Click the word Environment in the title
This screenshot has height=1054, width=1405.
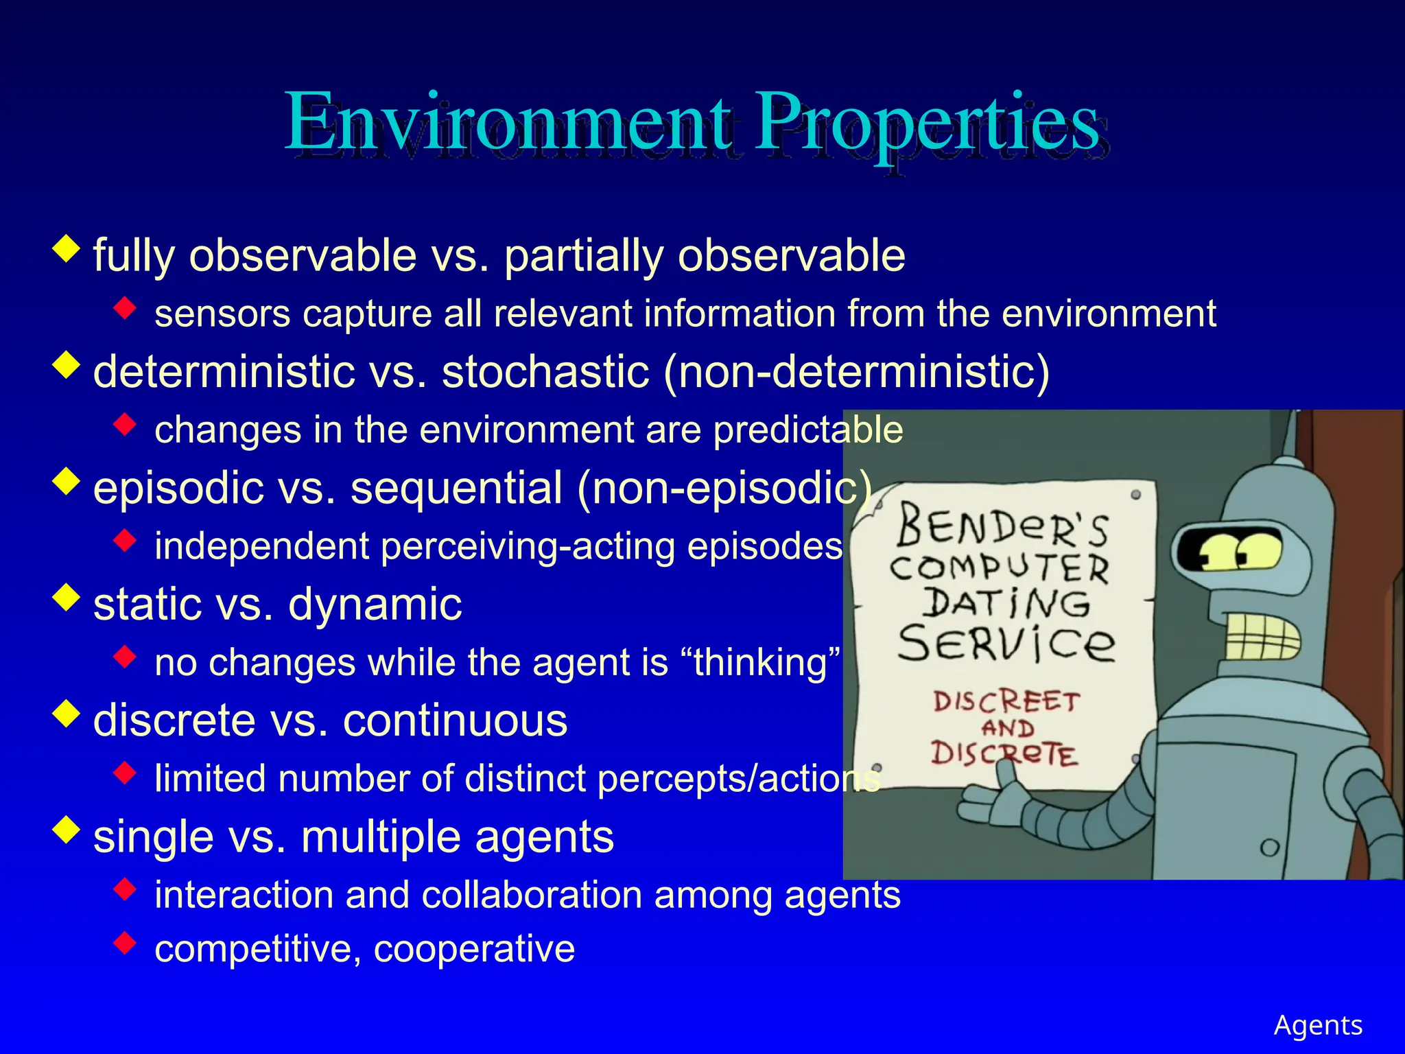coord(508,124)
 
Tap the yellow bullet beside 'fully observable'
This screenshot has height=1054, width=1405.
coord(67,248)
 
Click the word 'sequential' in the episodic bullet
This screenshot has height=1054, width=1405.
coord(456,488)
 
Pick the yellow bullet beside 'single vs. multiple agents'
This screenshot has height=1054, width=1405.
coord(67,830)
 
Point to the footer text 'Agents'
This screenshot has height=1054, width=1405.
coord(1317,1025)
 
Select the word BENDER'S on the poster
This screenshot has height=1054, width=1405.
coord(1002,525)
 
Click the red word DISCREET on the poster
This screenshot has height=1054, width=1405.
coord(1006,701)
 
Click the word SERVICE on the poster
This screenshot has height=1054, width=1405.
coord(1006,643)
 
